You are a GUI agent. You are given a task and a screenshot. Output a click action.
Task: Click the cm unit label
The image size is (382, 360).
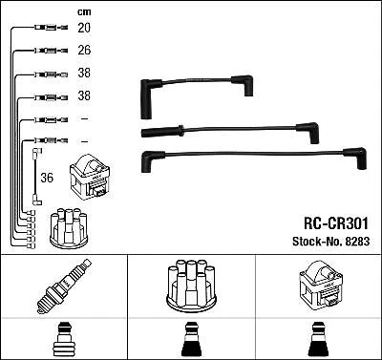coord(82,11)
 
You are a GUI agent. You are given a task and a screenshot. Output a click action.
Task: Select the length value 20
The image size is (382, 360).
coord(84,28)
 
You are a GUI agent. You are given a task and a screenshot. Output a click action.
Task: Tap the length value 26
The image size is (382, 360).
coord(84,50)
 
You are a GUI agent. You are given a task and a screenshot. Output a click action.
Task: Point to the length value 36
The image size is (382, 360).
coord(46,178)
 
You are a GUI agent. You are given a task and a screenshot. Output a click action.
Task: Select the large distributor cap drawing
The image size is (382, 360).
coord(190,287)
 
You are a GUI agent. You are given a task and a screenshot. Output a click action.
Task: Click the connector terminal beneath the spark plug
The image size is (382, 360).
coord(64,340)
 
